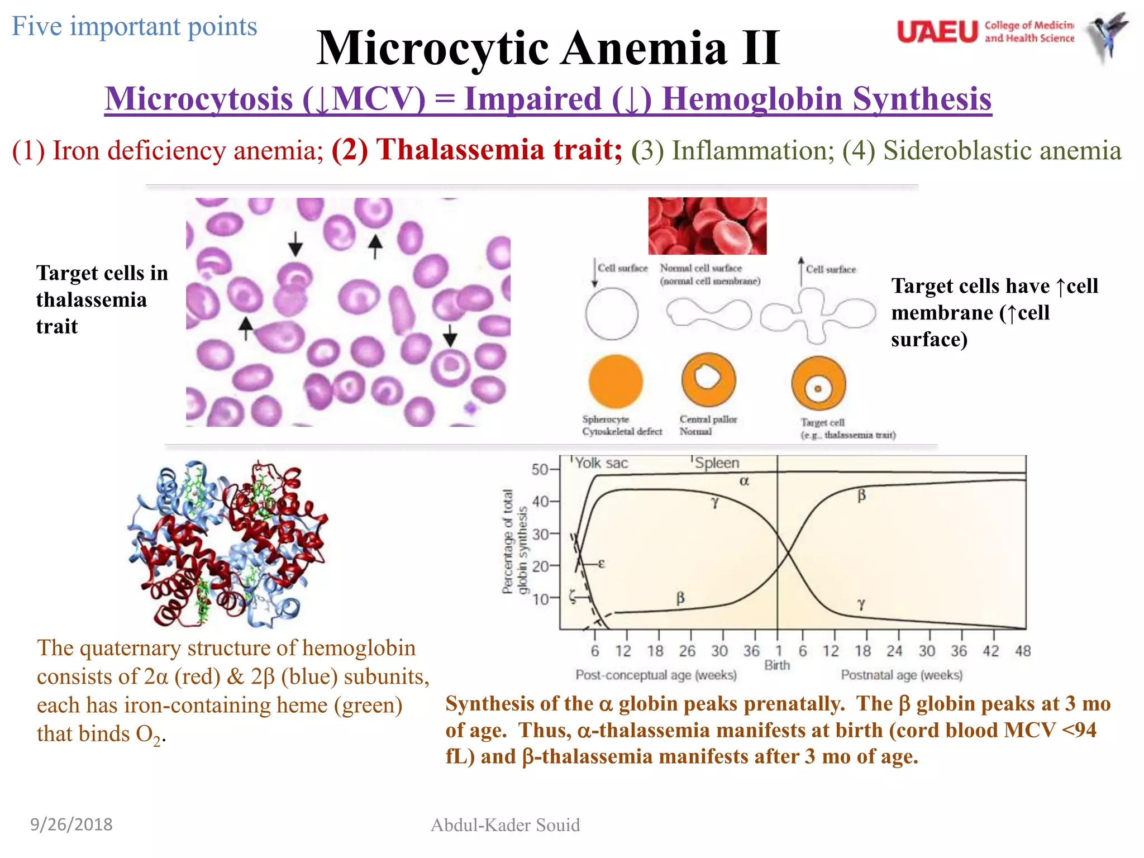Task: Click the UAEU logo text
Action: pyautogui.click(x=937, y=32)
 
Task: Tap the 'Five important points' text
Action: pyautogui.click(x=135, y=26)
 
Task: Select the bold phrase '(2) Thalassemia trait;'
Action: pyautogui.click(x=476, y=150)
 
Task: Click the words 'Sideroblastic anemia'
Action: pyautogui.click(x=1002, y=150)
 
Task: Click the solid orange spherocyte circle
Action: pyautogui.click(x=616, y=382)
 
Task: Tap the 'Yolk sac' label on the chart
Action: pyautogui.click(x=601, y=463)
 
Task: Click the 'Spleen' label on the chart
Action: pyautogui.click(x=717, y=463)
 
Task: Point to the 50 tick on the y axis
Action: pyautogui.click(x=540, y=469)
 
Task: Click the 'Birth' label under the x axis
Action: pyautogui.click(x=777, y=665)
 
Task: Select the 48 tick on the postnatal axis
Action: pyautogui.click(x=1023, y=651)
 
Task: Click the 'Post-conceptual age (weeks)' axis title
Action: pyautogui.click(x=656, y=675)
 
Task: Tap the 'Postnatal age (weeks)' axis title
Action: pyautogui.click(x=902, y=675)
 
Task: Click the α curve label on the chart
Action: pyautogui.click(x=744, y=481)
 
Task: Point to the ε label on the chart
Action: pyautogui.click(x=601, y=564)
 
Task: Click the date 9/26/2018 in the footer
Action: pyautogui.click(x=71, y=824)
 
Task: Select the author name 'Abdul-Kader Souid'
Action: pyautogui.click(x=505, y=825)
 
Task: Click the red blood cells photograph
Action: pyautogui.click(x=707, y=226)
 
